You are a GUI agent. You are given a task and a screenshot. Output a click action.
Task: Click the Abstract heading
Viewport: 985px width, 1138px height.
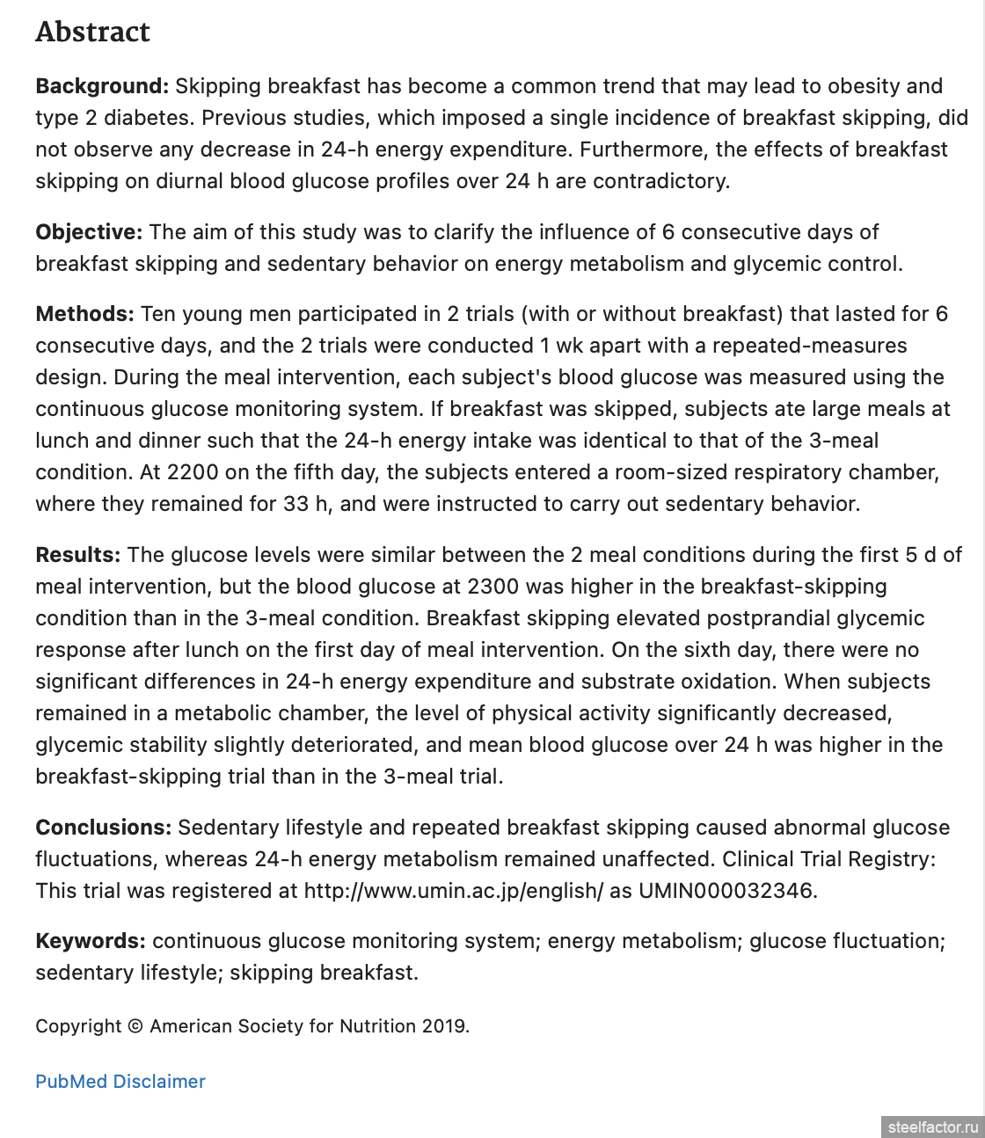pyautogui.click(x=92, y=33)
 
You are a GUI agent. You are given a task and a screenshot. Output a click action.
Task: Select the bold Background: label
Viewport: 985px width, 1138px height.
pyautogui.click(x=102, y=86)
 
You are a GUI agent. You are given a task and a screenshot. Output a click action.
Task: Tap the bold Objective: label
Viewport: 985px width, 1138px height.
pyautogui.click(x=89, y=232)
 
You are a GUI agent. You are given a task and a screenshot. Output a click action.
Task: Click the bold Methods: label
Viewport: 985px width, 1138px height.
pyautogui.click(x=84, y=314)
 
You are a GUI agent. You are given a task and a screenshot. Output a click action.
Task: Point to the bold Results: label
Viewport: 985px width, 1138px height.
pyautogui.click(x=78, y=555)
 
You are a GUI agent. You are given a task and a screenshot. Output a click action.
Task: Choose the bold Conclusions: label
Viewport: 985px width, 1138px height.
pyautogui.click(x=104, y=828)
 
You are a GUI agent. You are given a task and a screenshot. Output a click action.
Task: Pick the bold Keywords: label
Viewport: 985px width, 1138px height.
pyautogui.click(x=91, y=941)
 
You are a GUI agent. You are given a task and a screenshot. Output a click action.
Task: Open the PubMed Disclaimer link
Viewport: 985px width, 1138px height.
pyautogui.click(x=120, y=1082)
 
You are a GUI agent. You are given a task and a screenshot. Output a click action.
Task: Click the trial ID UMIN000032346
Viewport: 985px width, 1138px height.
pyautogui.click(x=727, y=891)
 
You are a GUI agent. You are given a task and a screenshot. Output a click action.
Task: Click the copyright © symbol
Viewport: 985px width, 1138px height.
pyautogui.click(x=135, y=1026)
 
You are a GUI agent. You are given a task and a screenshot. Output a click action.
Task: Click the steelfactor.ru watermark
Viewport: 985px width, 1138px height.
pyautogui.click(x=932, y=1127)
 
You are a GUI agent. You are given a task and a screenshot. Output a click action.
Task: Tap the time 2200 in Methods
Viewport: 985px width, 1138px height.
pyautogui.click(x=193, y=472)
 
